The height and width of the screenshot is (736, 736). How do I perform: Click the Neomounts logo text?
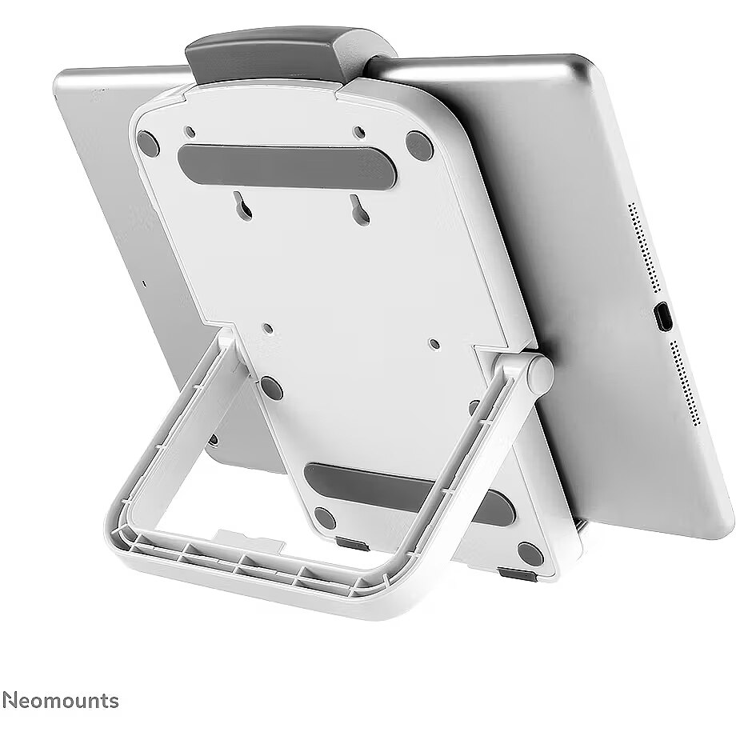[x=61, y=700]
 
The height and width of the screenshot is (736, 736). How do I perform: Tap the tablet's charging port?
[x=662, y=317]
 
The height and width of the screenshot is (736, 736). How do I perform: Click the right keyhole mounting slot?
[x=360, y=210]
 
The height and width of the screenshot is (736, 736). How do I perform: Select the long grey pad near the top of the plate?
[x=287, y=165]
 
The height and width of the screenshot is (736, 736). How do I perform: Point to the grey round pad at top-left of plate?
[x=148, y=144]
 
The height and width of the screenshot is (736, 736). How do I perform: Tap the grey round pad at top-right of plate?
[x=419, y=146]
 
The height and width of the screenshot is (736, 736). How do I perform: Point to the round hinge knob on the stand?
[x=540, y=374]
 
